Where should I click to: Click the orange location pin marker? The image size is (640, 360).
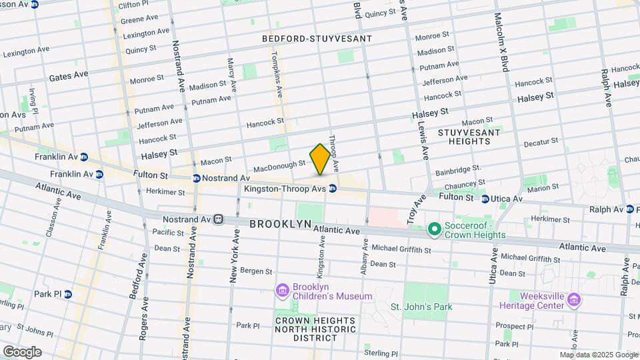(x=320, y=159)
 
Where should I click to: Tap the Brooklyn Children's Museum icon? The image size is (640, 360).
(x=281, y=290)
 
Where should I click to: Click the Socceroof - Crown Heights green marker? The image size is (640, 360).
(x=435, y=230)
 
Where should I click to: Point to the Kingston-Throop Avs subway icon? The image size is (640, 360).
(x=332, y=189)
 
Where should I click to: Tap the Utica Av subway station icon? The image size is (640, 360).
(x=485, y=198)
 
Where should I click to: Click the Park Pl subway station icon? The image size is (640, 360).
(x=67, y=294)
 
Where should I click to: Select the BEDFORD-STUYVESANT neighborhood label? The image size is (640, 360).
(x=317, y=39)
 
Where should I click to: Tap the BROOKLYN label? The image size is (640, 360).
(x=281, y=225)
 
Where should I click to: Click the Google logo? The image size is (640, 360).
(x=22, y=351)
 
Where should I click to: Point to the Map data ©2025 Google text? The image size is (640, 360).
(x=598, y=355)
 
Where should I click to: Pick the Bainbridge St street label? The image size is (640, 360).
(x=458, y=170)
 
